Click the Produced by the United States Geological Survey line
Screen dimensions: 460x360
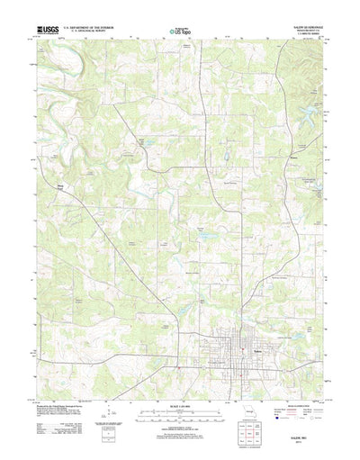pos(63,382)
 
